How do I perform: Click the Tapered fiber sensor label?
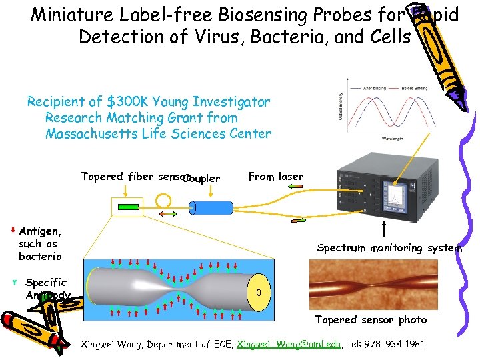pyautogui.click(x=133, y=177)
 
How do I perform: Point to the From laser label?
pyautogui.click(x=275, y=177)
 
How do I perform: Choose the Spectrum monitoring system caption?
pyautogui.click(x=389, y=248)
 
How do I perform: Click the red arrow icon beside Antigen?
pyautogui.click(x=13, y=231)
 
